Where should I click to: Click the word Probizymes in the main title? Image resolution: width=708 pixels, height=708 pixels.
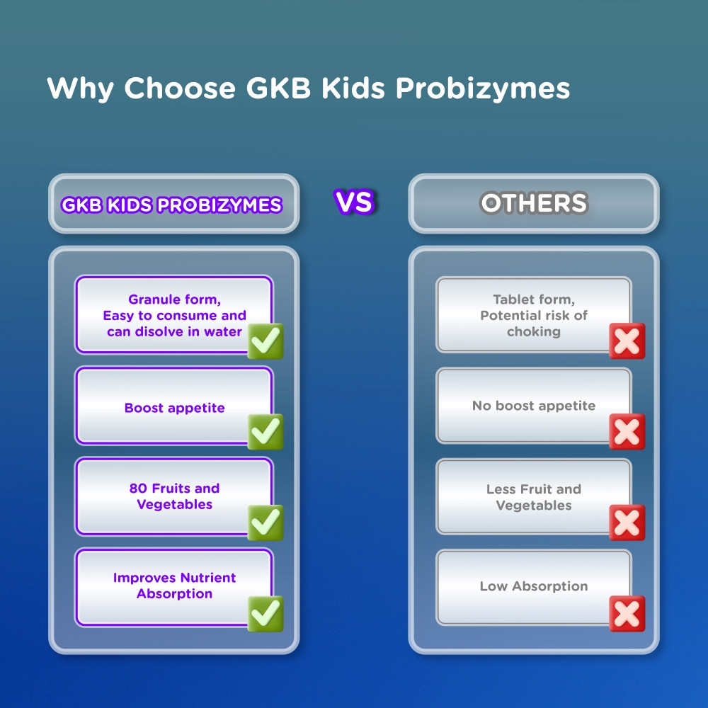click(x=482, y=88)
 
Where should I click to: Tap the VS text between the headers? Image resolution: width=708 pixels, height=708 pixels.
click(x=355, y=201)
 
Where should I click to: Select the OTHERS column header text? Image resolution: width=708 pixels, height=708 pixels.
click(x=534, y=202)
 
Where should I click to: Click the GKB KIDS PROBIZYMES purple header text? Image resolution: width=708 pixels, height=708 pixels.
click(x=171, y=205)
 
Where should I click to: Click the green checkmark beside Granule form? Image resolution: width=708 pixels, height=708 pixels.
click(x=265, y=341)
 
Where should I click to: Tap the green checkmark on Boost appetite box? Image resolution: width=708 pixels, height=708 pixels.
click(x=265, y=432)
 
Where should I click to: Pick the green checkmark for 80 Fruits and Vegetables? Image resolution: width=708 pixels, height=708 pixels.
click(x=265, y=523)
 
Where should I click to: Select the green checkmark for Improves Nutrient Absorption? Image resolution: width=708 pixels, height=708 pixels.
click(x=265, y=614)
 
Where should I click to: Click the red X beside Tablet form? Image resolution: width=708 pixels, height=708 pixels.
click(x=627, y=341)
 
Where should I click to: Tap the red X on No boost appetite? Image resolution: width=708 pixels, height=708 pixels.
click(x=627, y=432)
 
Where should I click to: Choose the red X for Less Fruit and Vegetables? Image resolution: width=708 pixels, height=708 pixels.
click(x=627, y=523)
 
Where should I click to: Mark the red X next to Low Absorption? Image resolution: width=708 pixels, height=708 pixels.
click(x=627, y=614)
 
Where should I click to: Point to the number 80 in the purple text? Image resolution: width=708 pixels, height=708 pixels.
click(x=138, y=488)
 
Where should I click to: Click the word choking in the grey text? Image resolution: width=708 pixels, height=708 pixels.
click(x=534, y=332)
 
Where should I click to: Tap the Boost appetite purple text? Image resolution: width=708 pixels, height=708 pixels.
click(x=174, y=409)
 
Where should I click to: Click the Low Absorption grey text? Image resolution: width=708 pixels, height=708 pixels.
click(x=534, y=586)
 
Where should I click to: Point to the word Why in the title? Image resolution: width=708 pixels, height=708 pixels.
click(x=80, y=88)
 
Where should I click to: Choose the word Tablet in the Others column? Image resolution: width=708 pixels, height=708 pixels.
click(x=513, y=299)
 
